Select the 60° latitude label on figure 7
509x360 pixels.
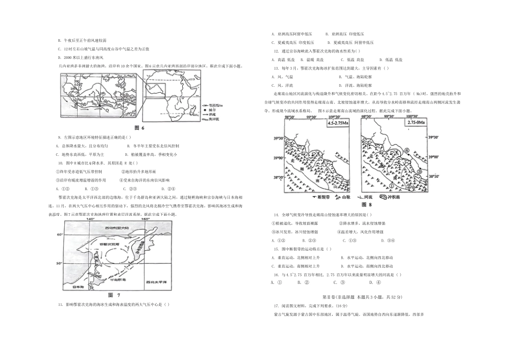click(x=59, y=235)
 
